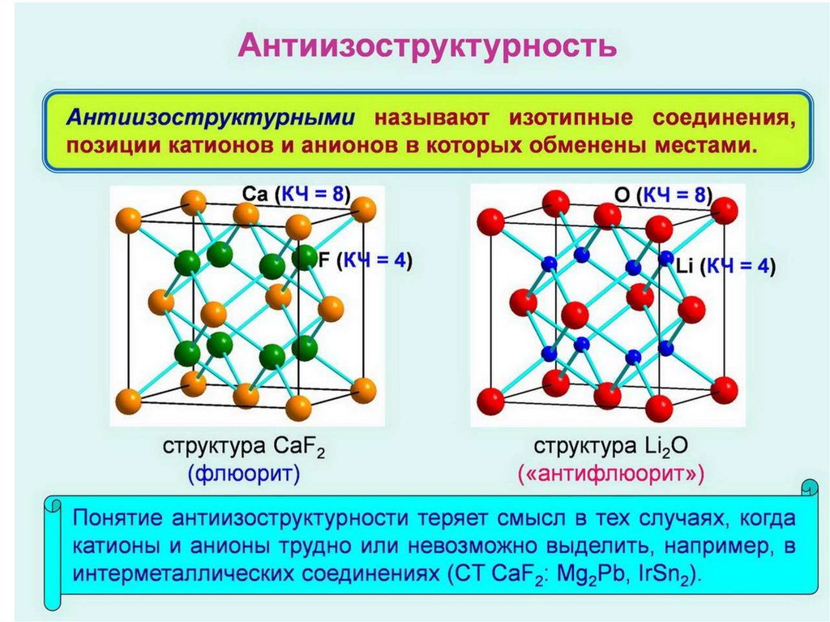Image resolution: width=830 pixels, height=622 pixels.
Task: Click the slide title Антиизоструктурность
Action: point(414,45)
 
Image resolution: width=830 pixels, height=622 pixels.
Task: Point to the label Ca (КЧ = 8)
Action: point(296,195)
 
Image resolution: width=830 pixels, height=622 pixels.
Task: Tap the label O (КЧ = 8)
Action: point(662,195)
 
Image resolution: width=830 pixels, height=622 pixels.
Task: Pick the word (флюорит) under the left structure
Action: point(243,473)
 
